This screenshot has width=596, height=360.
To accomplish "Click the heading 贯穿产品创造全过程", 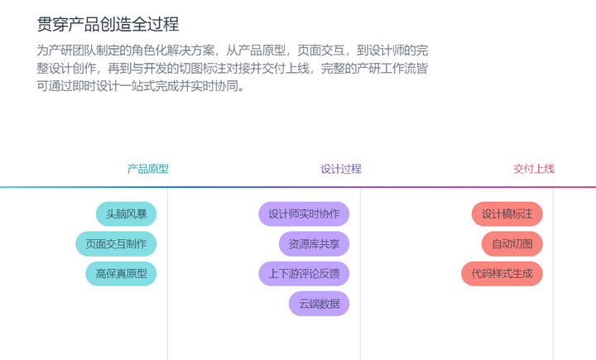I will (108, 24).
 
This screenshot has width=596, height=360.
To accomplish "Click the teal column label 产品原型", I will (148, 169).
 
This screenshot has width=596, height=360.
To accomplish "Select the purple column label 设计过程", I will (341, 169).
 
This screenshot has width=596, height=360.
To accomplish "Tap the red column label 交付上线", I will (534, 169).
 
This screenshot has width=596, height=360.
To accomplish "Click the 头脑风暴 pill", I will (126, 214).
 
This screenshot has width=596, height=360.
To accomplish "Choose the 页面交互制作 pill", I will (116, 244).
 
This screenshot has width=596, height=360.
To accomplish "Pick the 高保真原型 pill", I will (121, 273).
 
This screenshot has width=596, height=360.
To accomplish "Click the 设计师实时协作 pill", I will (304, 214).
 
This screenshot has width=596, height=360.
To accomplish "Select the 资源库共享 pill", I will (314, 244).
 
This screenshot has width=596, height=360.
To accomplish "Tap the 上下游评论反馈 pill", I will (304, 273).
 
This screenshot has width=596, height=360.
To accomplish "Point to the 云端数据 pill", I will (319, 303).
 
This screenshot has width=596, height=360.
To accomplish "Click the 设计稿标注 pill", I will (507, 214).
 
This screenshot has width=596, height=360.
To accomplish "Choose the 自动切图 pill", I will (512, 244).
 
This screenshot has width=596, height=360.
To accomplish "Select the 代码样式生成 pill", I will (502, 273).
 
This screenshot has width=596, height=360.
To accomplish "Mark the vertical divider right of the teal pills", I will (167, 273).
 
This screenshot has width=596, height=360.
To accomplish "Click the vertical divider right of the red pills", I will (553, 273).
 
